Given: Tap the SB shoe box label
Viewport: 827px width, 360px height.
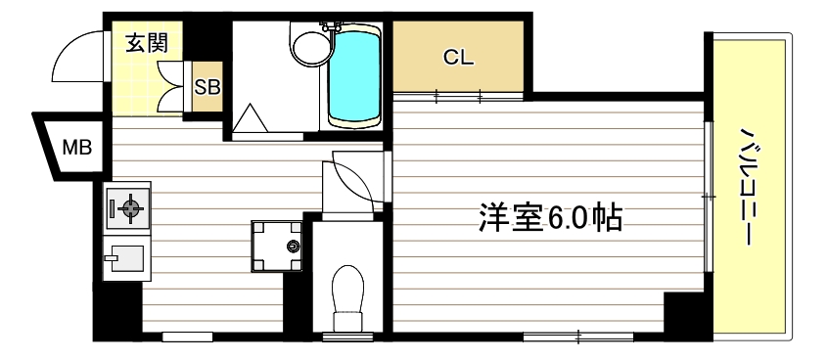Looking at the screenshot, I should (207, 86).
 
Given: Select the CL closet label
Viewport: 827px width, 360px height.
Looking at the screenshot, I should (458, 57).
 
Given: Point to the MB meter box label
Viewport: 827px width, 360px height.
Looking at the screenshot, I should (76, 148).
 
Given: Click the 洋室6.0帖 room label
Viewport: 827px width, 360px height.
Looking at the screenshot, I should (551, 217).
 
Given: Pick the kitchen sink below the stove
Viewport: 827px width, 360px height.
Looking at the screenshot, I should (125, 259).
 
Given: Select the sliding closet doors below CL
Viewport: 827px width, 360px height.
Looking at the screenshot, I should (456, 97).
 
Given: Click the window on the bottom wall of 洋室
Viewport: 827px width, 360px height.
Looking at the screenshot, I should (577, 337).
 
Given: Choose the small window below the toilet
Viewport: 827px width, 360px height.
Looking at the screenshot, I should (348, 337).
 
